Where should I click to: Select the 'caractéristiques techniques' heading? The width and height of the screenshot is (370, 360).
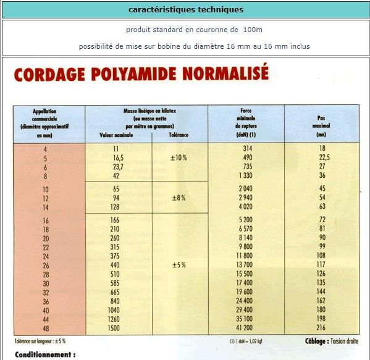pos(186,9)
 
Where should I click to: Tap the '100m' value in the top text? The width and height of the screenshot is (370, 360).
pos(252,30)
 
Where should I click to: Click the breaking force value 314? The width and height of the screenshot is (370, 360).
pos(248,149)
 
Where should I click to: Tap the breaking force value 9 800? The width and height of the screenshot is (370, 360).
pos(246,247)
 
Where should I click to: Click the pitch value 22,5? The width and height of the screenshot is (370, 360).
pos(322,158)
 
